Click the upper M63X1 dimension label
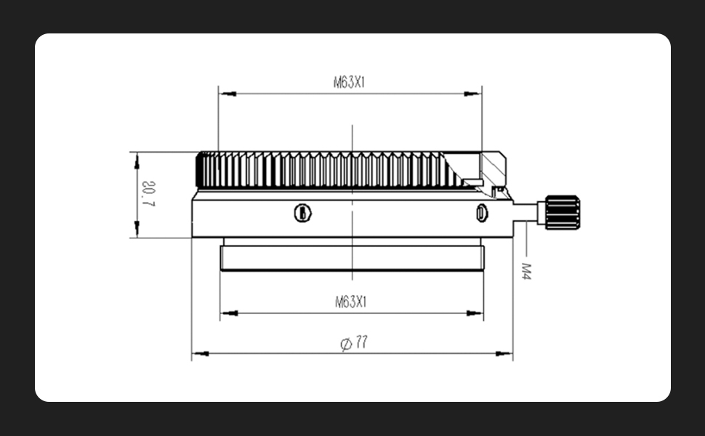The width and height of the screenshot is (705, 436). pos(349,83)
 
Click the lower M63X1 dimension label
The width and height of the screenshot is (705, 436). pos(351,302)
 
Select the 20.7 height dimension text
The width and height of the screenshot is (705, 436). pos(148,194)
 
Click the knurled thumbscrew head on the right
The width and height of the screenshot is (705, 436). pos(563,212)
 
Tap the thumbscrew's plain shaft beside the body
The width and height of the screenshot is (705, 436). pos(525,212)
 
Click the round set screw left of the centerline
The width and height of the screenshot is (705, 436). pos(303,213)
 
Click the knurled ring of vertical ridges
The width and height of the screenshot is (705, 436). pos(327,170)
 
